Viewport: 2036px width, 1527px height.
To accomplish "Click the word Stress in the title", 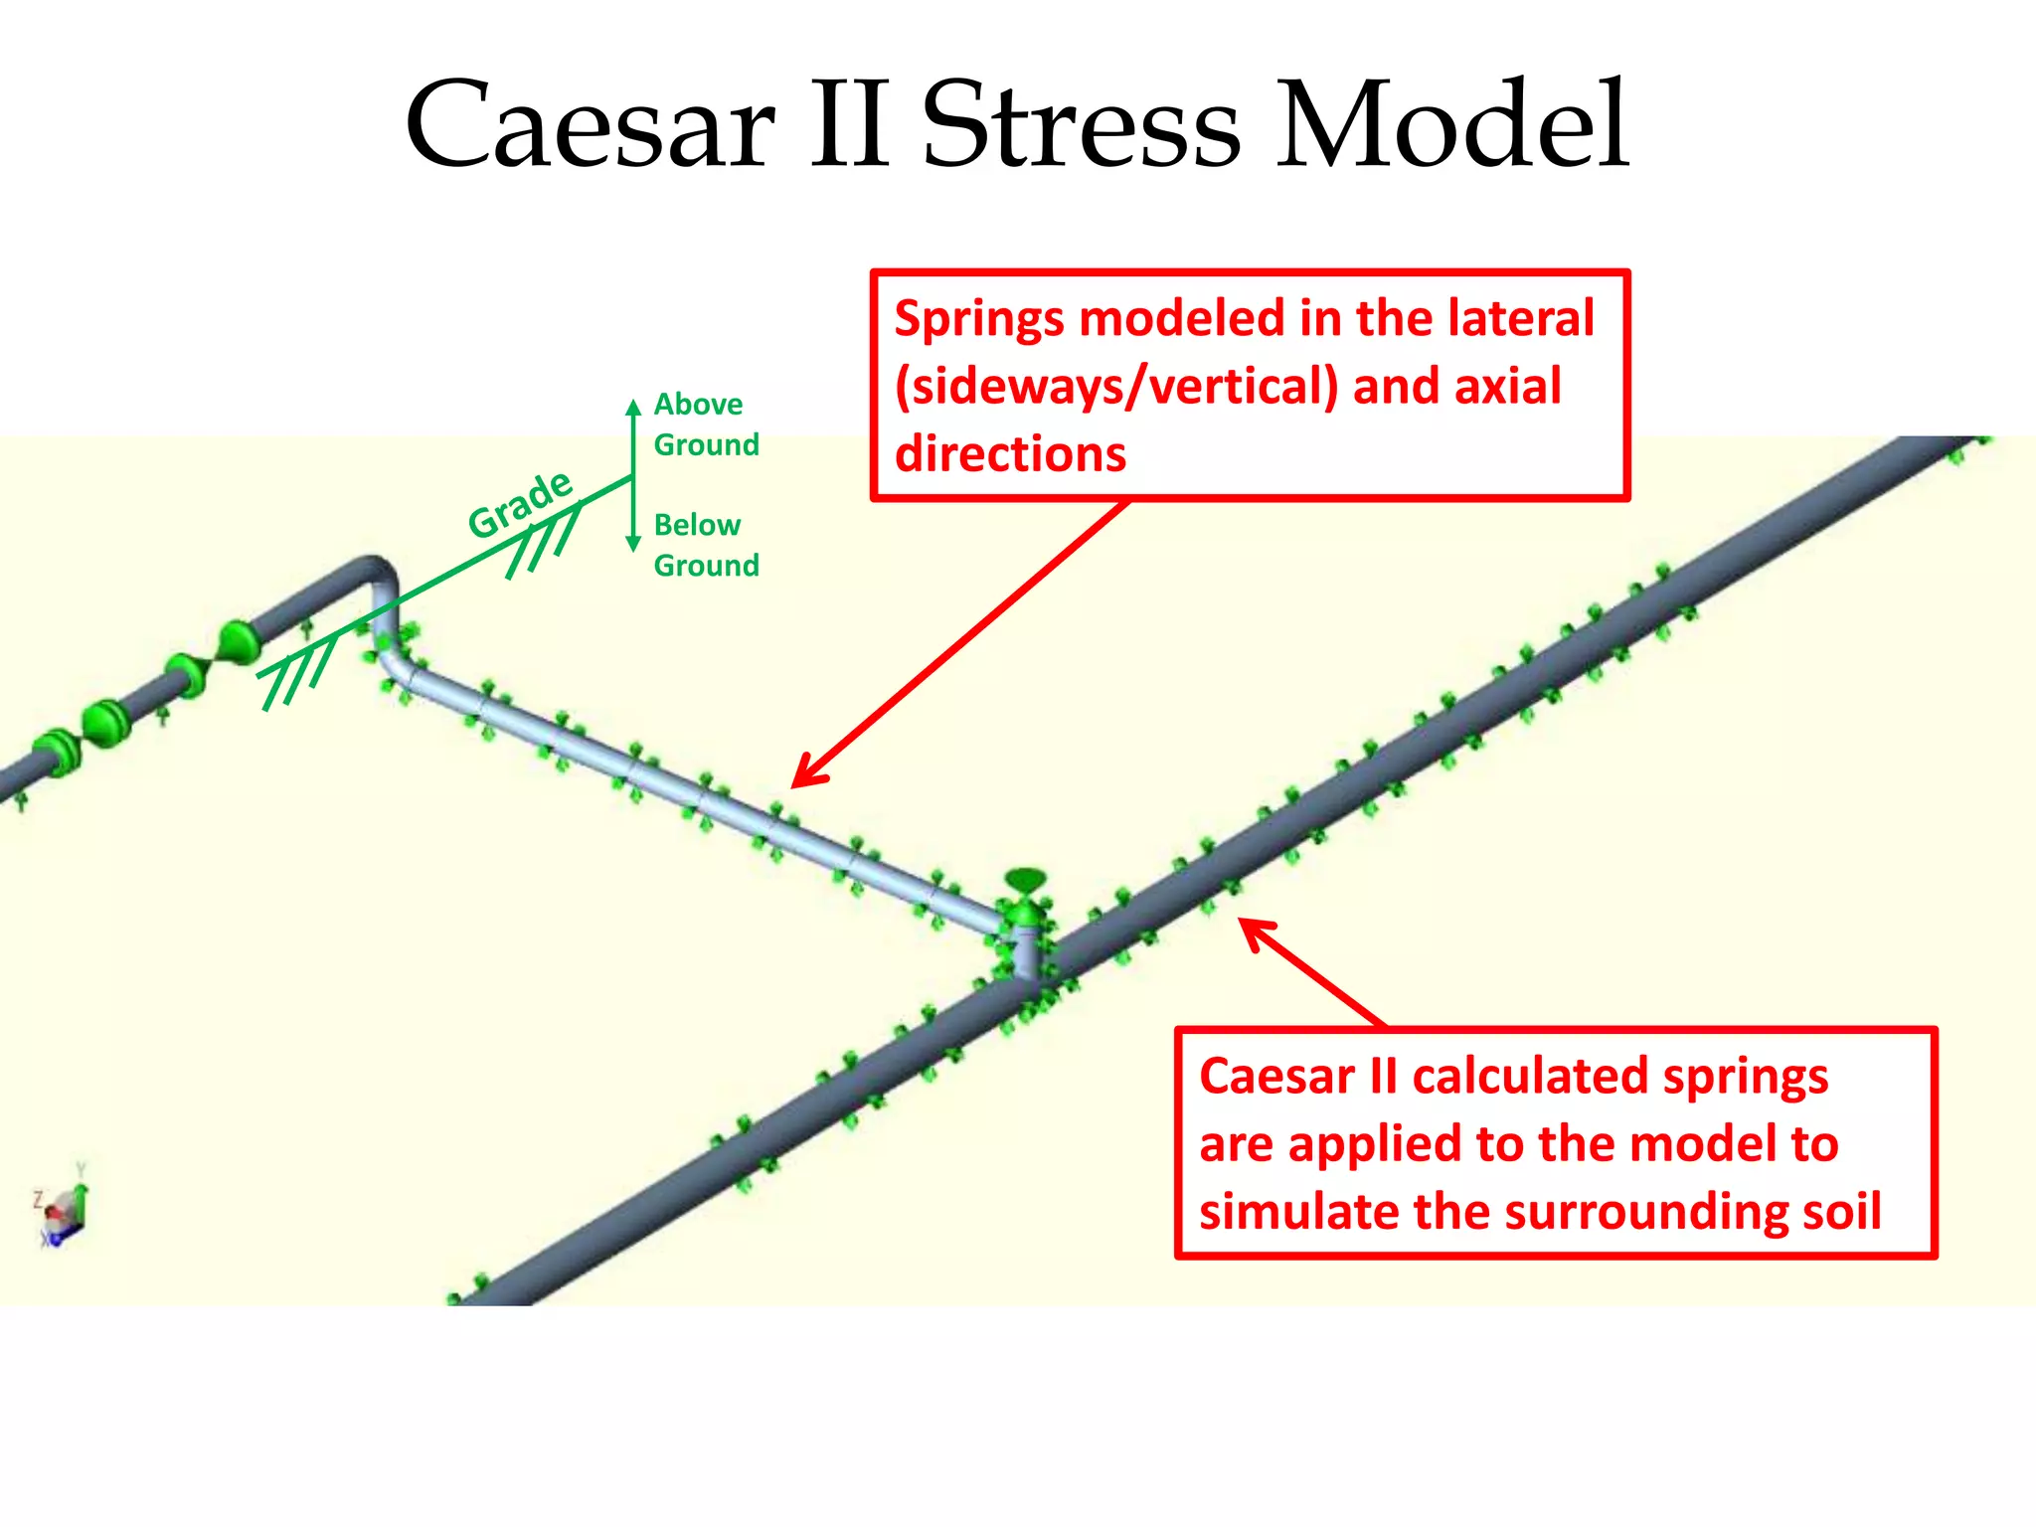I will click(1081, 127).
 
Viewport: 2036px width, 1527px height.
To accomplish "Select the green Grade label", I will click(520, 504).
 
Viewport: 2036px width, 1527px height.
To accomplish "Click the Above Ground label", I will click(705, 424).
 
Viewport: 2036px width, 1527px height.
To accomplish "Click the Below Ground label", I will click(705, 545).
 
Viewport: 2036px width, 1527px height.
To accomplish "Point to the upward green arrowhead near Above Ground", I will click(633, 407).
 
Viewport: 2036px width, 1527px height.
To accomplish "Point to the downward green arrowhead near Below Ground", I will click(633, 544).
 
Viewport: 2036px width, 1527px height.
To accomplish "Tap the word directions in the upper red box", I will click(1010, 454).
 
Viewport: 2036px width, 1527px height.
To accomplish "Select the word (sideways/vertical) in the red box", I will click(1116, 387).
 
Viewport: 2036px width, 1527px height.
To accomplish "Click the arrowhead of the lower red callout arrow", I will click(1251, 929).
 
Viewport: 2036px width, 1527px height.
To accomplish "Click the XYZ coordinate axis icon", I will click(66, 1209).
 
